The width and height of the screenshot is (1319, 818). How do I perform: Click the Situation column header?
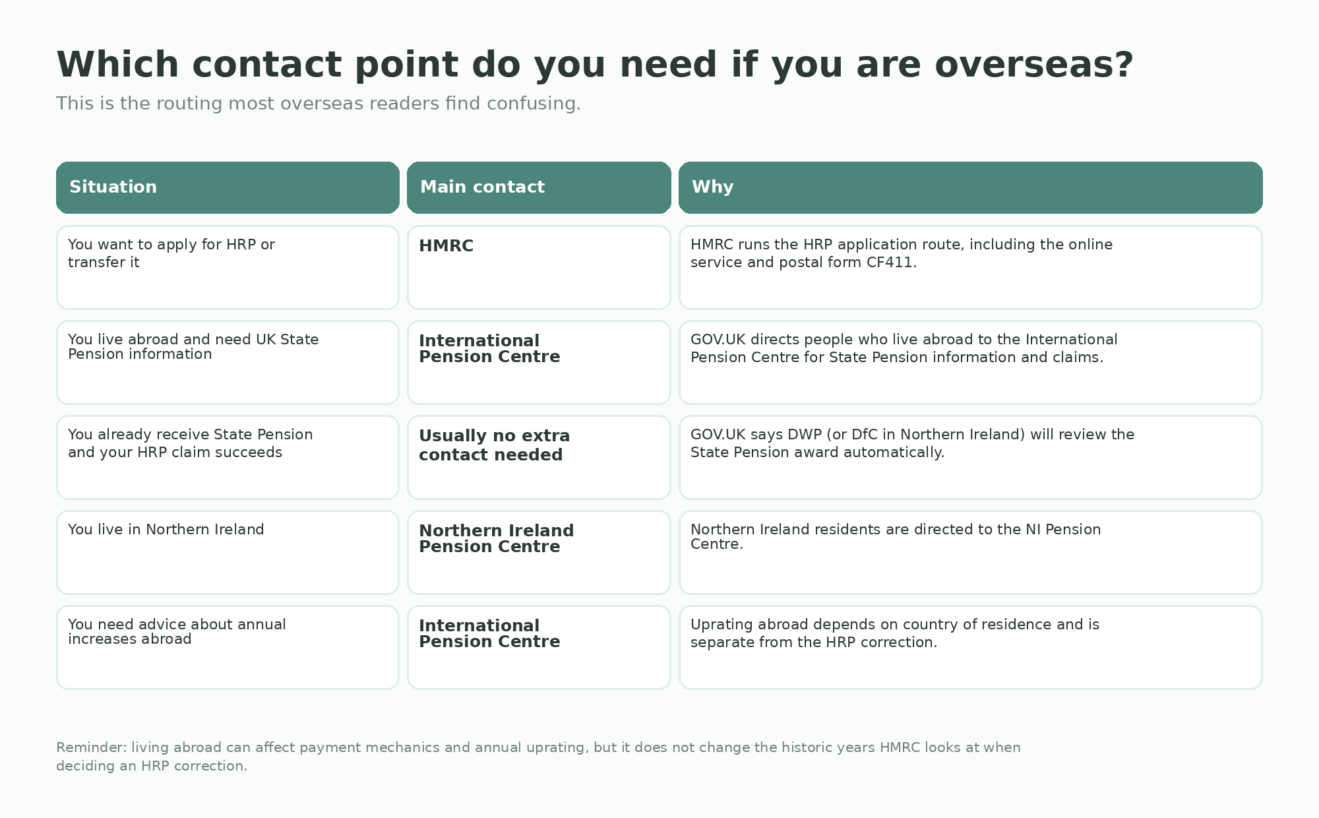tap(228, 187)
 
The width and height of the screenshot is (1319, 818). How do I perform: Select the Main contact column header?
tap(539, 187)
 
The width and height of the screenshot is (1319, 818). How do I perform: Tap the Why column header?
tap(971, 187)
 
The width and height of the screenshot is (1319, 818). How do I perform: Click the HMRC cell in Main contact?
tap(539, 267)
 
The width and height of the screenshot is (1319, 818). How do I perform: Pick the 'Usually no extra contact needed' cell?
tap(539, 457)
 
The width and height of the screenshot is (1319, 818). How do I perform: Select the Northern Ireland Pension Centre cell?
tap(539, 552)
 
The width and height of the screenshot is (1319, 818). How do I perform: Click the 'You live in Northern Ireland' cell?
tap(228, 552)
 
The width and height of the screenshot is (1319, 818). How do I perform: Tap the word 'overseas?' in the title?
tap(1034, 65)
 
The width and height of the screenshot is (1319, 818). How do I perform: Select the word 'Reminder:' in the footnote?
tap(91, 747)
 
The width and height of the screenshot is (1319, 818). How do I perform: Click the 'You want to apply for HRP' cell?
tap(228, 267)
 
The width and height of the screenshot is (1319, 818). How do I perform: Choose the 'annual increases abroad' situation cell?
tap(228, 647)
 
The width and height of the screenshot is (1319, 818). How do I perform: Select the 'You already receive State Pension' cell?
tap(228, 457)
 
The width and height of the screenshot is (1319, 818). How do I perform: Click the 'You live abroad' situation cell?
tap(228, 362)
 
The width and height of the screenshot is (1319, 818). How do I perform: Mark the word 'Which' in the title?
tap(117, 65)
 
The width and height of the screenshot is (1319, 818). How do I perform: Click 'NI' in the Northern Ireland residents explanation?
tap(1033, 530)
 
